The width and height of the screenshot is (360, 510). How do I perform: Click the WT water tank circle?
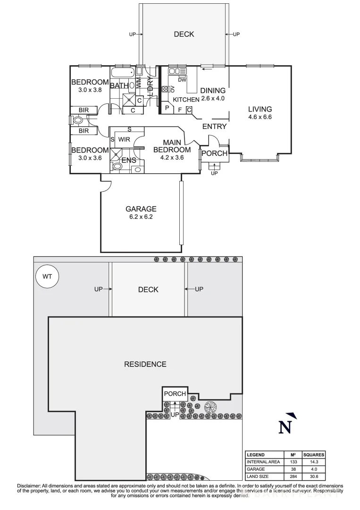tap(48, 276)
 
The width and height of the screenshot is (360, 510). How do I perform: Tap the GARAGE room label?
tap(141, 209)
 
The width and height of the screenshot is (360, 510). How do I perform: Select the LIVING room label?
tap(260, 110)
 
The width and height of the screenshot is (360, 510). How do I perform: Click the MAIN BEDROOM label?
tap(176, 146)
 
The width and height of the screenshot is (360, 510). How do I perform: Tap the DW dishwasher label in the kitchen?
tap(183, 80)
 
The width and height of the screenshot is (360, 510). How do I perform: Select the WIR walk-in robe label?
tap(124, 140)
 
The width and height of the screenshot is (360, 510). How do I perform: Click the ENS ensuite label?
tap(129, 161)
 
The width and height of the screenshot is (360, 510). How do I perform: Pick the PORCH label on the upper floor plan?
tap(214, 153)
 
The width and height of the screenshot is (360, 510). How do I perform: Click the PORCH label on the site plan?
tap(175, 394)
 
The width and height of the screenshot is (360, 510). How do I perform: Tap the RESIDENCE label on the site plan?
tap(145, 364)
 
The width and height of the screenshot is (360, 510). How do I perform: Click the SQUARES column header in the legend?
tap(314, 454)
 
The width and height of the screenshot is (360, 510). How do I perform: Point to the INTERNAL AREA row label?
tap(263, 462)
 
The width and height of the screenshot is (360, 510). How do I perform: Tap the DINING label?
tap(213, 91)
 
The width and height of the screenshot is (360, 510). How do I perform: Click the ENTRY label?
tap(214, 127)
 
